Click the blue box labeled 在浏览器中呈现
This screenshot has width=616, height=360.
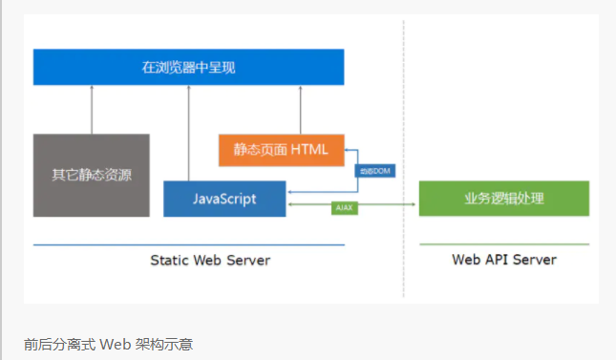click(x=188, y=67)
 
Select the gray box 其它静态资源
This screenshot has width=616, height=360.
click(x=92, y=175)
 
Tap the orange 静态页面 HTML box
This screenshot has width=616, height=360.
click(x=281, y=149)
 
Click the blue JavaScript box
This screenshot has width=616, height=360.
click(x=224, y=198)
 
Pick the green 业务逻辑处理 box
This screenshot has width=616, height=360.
click(x=503, y=198)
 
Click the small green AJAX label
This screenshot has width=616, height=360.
click(x=345, y=206)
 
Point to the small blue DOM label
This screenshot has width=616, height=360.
click(x=373, y=171)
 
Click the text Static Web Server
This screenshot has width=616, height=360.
click(x=210, y=260)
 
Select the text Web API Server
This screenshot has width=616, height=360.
click(x=504, y=260)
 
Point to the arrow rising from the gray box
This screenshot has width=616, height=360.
click(x=92, y=110)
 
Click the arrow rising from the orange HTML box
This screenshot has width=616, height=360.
click(x=300, y=110)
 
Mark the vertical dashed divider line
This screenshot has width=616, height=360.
click(x=403, y=153)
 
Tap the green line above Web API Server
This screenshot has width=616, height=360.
click(x=504, y=244)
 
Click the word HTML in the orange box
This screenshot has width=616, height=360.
click(x=308, y=149)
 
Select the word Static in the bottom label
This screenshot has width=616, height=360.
click(x=170, y=260)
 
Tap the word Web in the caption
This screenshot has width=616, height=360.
click(x=114, y=343)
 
